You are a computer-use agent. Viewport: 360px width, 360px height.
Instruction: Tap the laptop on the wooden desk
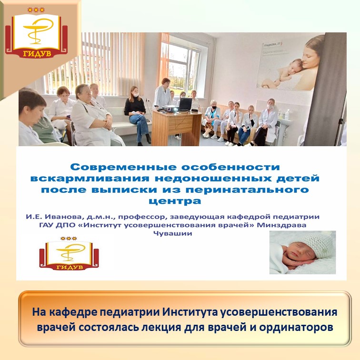(x=185, y=104)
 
